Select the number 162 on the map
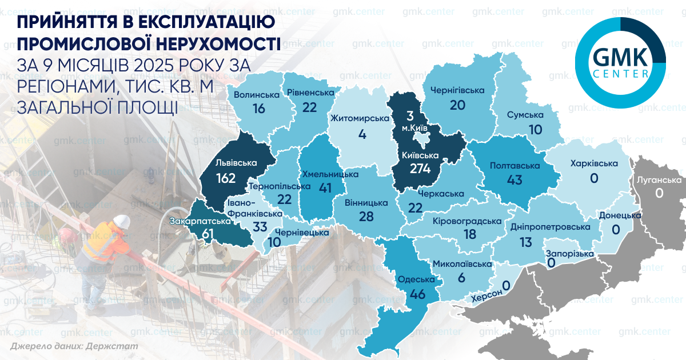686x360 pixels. tap(226, 178)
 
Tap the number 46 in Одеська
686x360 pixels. tap(417, 295)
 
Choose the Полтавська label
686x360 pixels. tap(515, 165)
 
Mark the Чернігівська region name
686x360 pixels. tap(457, 90)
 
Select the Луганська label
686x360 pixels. tap(659, 180)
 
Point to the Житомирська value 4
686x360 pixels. tap(362, 135)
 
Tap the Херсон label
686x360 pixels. tap(486, 293)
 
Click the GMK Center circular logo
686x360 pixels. tap(620, 63)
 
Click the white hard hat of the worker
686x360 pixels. tap(121, 221)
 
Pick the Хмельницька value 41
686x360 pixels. tap(324, 188)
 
